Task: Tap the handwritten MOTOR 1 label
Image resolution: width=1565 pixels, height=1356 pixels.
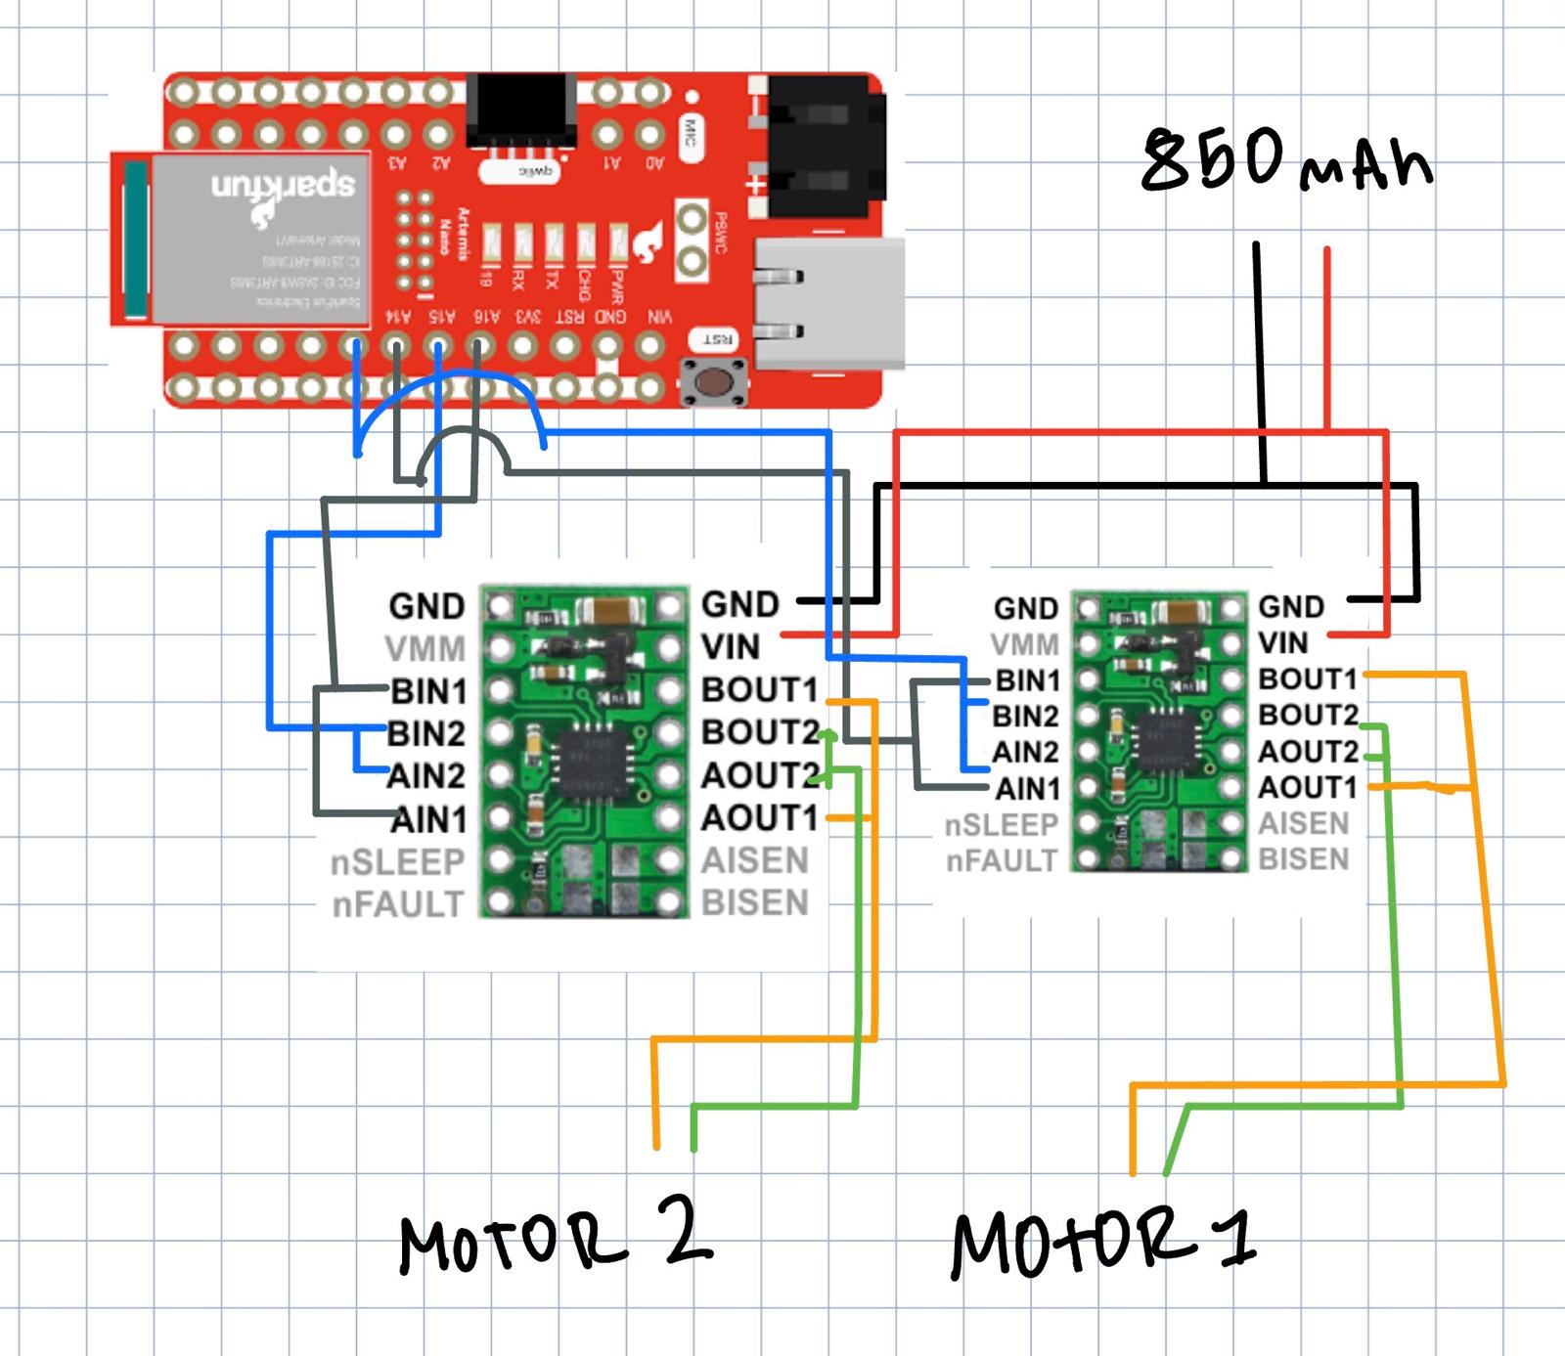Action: (x=1103, y=1242)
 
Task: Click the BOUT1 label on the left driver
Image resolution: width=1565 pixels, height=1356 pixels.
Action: (x=759, y=690)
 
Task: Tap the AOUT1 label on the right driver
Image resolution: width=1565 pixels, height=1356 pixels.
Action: (x=1307, y=787)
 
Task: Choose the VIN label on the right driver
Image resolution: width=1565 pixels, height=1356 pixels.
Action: (x=1282, y=642)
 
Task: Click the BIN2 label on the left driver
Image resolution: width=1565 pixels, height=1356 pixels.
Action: (x=426, y=733)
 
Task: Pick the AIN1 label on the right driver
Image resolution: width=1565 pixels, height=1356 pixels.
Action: (x=1027, y=788)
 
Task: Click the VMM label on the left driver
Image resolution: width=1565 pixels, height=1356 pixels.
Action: (x=425, y=649)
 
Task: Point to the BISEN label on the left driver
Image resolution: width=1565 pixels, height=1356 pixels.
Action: (x=755, y=903)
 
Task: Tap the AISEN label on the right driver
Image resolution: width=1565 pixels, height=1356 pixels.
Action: (x=1303, y=823)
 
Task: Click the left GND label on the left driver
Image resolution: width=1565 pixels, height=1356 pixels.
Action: (x=426, y=606)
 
